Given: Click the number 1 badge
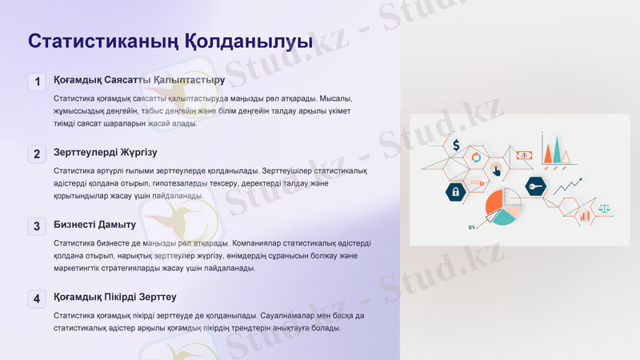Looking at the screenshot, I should (x=37, y=82).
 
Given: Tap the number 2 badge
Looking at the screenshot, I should (x=37, y=154).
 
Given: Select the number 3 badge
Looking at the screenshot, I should (x=37, y=226).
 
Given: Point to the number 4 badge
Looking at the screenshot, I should (x=37, y=299).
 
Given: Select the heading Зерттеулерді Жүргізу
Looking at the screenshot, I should (x=106, y=152).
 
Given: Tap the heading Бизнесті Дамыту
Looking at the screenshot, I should (x=94, y=225).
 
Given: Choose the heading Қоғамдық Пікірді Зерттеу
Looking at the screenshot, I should (x=114, y=298).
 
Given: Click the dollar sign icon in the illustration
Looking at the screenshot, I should (x=456, y=146).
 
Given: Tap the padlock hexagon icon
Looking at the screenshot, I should (x=455, y=192).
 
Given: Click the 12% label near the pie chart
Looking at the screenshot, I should (x=472, y=228).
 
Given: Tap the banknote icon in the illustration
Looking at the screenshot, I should (x=524, y=155).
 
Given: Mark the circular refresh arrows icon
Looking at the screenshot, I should (x=476, y=158).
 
